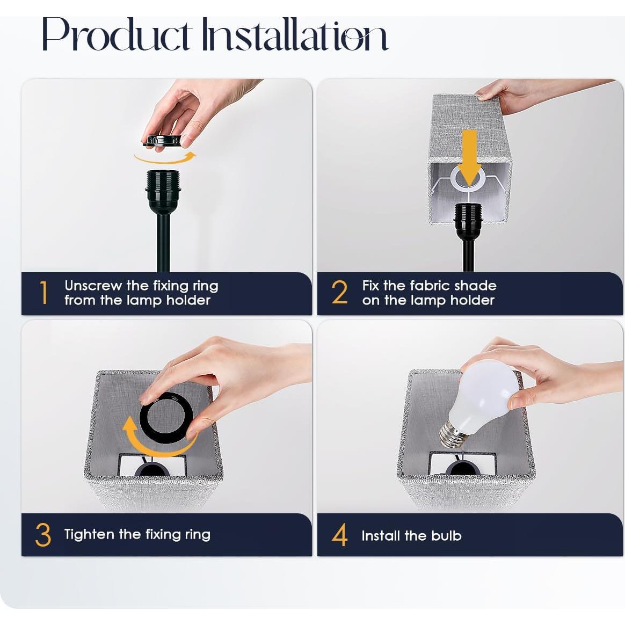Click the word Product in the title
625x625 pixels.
(117, 35)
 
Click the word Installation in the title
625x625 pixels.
(294, 35)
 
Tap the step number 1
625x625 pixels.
(44, 293)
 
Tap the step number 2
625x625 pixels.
(339, 293)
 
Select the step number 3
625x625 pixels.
(43, 535)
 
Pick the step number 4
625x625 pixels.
(339, 535)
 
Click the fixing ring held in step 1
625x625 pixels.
(162, 141)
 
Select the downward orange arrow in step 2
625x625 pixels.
(470, 156)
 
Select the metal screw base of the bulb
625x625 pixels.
(453, 433)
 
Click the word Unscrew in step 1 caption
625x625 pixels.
(93, 286)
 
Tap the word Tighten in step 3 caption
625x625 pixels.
(89, 535)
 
